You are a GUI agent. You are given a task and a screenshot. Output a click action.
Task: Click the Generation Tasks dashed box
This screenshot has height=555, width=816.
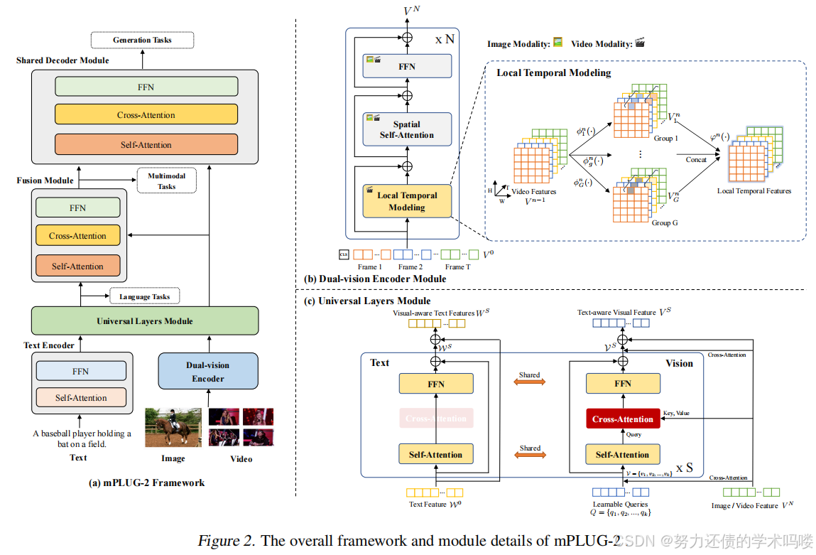(142, 40)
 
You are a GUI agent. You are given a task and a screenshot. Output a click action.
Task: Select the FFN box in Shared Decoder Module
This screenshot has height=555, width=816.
(146, 87)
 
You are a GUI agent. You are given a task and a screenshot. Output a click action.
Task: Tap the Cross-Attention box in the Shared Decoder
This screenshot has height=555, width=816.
(146, 115)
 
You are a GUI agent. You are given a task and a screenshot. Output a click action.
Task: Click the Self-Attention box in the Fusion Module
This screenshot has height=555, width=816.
(77, 266)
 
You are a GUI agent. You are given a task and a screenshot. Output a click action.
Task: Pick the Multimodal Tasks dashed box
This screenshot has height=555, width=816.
(166, 181)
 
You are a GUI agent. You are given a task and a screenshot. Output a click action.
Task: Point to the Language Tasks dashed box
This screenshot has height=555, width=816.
(144, 296)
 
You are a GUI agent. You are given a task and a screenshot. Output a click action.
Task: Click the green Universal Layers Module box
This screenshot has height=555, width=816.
(145, 321)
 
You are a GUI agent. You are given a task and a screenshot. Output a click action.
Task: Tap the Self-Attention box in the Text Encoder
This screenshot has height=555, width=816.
(81, 398)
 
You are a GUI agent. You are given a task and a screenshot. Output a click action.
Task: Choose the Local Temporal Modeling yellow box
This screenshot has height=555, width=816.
(407, 201)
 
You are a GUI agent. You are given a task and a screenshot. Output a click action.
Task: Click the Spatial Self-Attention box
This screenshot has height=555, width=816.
(407, 129)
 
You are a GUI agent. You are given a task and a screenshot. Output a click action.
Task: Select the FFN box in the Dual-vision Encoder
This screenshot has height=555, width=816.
(407, 66)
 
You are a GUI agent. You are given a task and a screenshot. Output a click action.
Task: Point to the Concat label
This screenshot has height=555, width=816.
(696, 160)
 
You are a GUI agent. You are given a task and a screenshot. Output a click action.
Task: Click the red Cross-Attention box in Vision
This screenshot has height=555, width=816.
(623, 419)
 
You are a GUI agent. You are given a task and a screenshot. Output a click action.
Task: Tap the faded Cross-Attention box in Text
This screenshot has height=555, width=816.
(436, 419)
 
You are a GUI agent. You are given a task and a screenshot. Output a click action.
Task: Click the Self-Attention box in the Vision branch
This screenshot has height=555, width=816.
(623, 455)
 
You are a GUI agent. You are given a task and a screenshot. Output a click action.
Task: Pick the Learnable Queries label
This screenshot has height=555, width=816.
(621, 505)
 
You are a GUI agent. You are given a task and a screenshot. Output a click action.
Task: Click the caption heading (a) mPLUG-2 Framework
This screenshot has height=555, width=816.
(146, 483)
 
